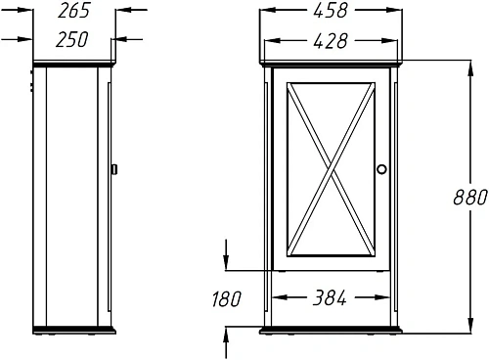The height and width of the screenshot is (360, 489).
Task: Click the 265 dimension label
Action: [x=73, y=11]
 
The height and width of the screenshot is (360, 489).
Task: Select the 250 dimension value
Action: [x=72, y=40]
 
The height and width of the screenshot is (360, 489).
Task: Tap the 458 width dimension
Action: [x=331, y=11]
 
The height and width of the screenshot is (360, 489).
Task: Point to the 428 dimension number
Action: [x=331, y=41]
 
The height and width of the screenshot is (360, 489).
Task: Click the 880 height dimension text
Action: [x=470, y=198]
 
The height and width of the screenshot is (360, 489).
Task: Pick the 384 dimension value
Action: [x=330, y=297]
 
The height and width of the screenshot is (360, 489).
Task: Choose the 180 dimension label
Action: [x=227, y=299]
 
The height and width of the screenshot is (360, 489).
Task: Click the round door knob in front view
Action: [x=381, y=169]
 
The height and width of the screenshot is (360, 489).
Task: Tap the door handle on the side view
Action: [x=114, y=169]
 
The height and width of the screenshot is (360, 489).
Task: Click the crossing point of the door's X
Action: [x=331, y=169]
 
